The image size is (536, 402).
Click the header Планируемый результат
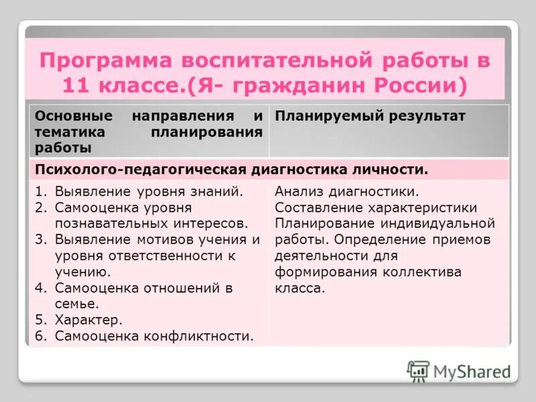(x=370, y=117)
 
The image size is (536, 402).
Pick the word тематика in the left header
(x=65, y=132)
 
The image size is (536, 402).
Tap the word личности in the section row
(x=394, y=170)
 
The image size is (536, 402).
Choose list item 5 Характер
(x=88, y=320)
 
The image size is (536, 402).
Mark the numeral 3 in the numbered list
(x=40, y=240)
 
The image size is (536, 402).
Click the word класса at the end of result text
(x=299, y=288)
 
